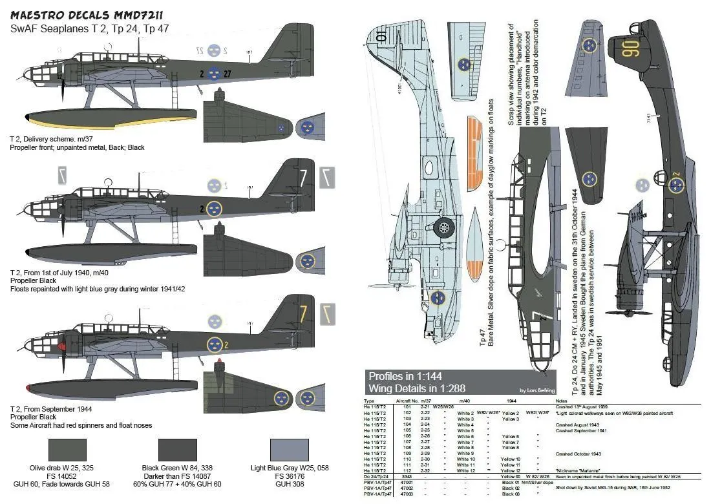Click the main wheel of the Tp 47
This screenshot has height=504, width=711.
click(443, 226)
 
